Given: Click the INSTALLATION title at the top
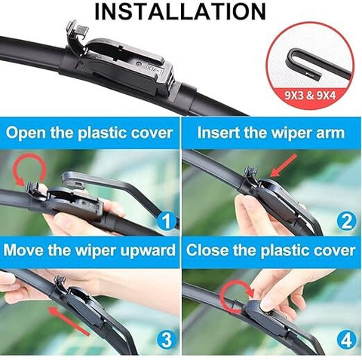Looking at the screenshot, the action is [180, 11].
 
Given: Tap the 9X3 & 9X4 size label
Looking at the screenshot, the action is [310, 96].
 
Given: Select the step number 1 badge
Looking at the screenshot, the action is [167, 221].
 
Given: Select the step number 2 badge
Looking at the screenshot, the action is [346, 221].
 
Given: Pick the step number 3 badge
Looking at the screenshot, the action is [167, 340].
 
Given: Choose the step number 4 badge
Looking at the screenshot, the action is [346, 340].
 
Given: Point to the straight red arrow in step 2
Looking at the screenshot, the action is [284, 166].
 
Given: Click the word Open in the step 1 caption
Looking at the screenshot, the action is [26, 133].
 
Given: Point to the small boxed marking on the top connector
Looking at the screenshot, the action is [155, 69].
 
